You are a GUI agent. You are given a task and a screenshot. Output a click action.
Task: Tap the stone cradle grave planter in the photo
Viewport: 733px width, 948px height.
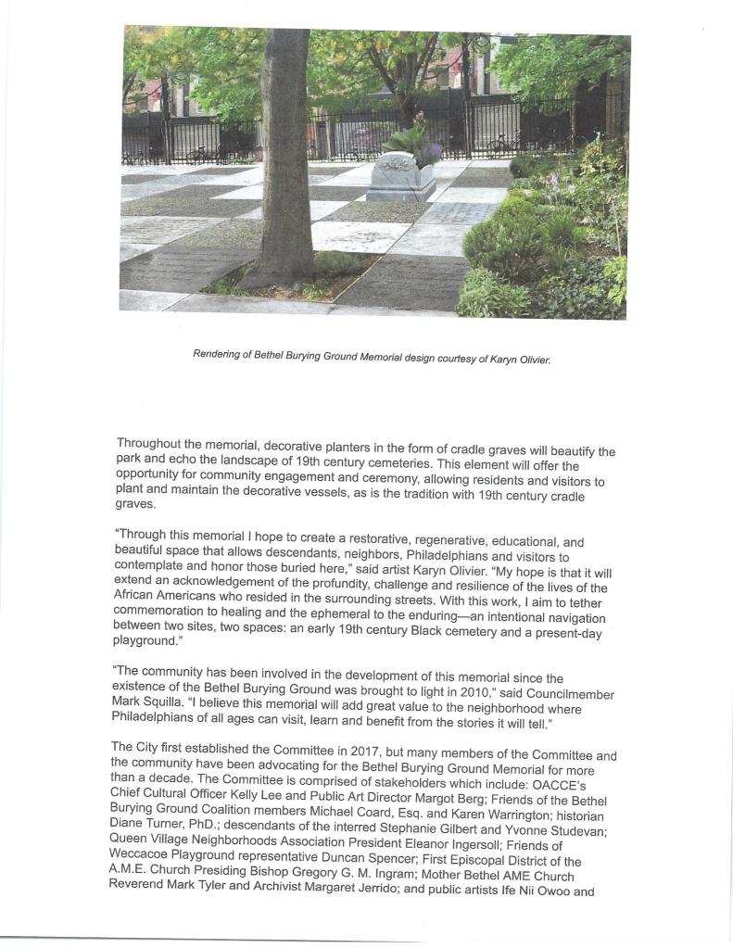point(401,176)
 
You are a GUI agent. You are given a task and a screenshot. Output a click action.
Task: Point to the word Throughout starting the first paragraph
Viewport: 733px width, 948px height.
point(154,444)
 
